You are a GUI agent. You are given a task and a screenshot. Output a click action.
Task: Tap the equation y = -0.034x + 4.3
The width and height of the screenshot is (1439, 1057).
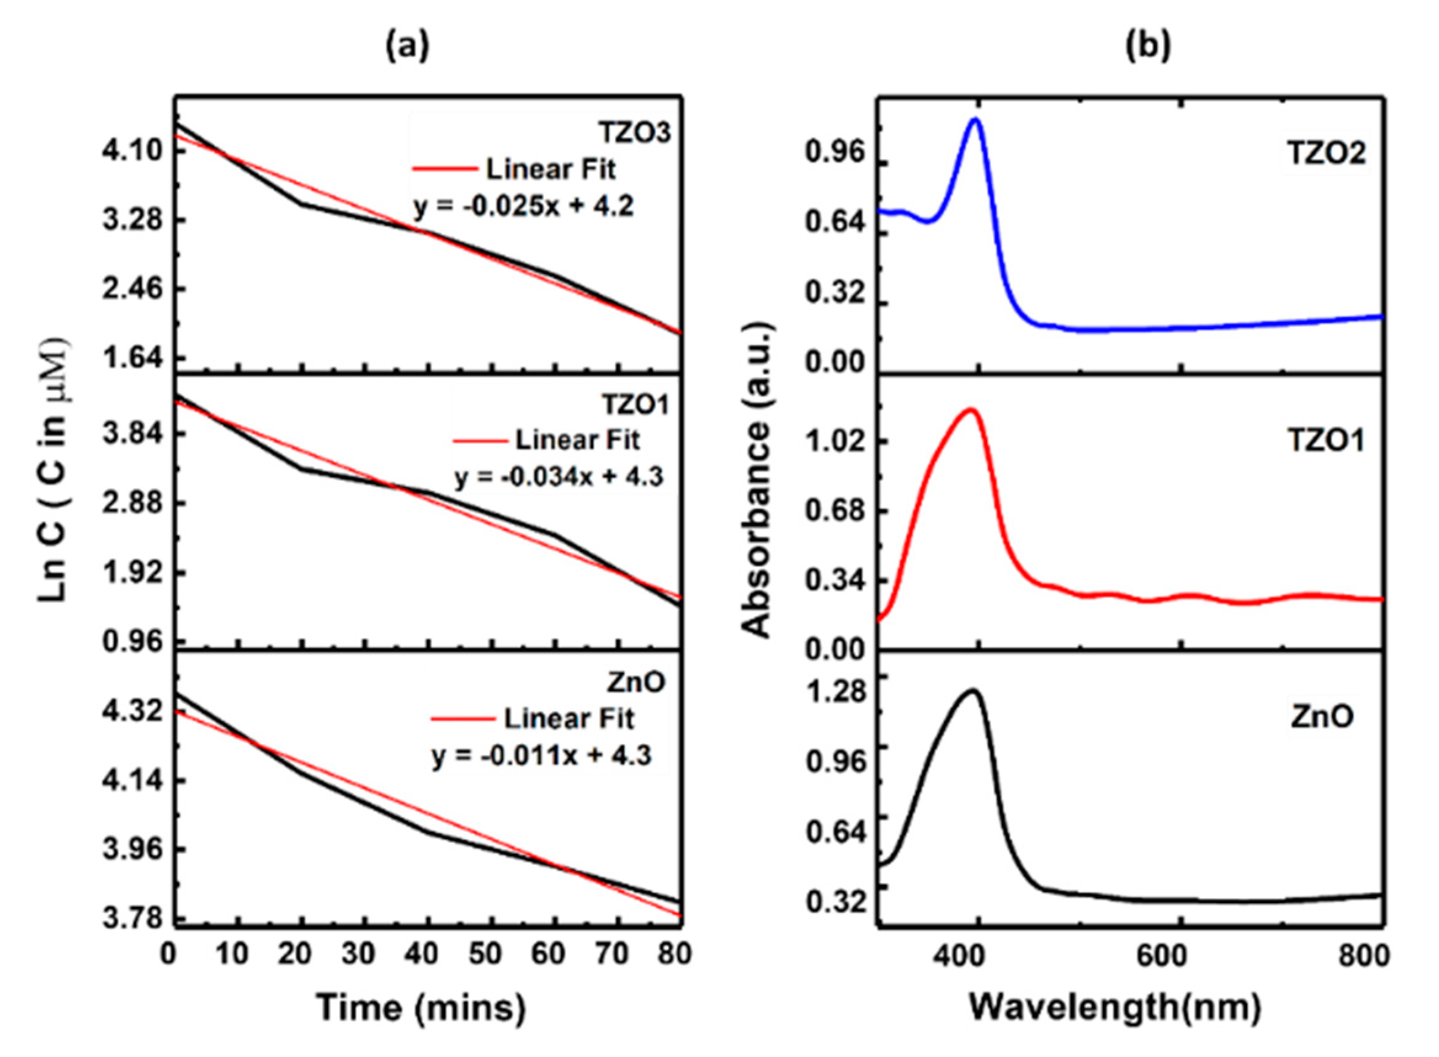558,476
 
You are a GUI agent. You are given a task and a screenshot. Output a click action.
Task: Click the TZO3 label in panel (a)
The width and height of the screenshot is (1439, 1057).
635,132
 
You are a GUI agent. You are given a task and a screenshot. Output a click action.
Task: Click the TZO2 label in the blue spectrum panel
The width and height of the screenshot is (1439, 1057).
1326,152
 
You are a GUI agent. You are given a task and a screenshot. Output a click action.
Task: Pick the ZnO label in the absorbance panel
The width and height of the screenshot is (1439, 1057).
1322,716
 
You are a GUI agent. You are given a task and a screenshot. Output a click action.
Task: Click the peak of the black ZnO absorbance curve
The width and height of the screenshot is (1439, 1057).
972,690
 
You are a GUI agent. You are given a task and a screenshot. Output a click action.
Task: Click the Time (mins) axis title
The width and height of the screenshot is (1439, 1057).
421,1007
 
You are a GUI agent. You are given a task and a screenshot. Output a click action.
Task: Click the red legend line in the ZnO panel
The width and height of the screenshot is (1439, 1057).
462,718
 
